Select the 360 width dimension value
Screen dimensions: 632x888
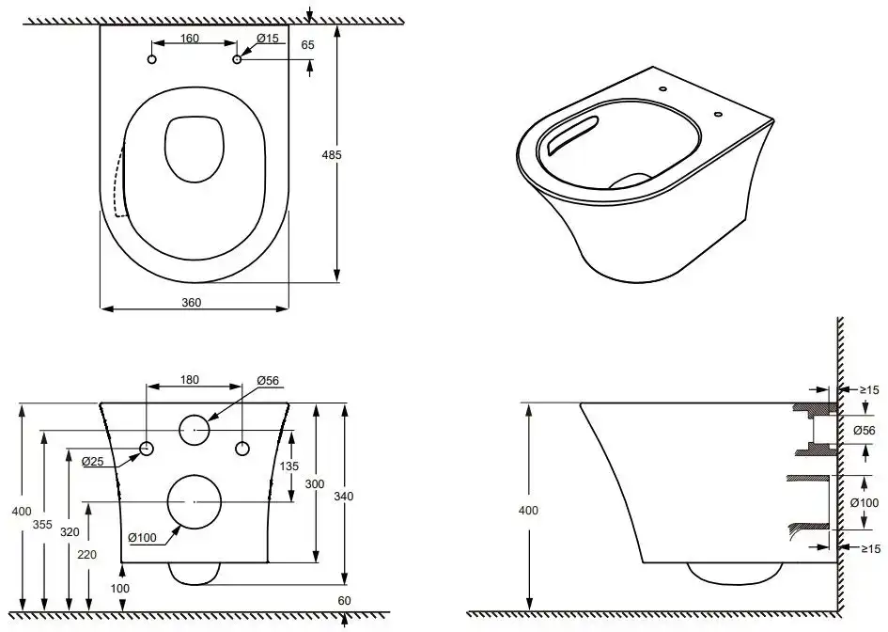tap(193, 302)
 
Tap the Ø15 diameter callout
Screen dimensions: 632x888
tap(268, 39)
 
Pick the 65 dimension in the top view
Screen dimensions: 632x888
tap(308, 43)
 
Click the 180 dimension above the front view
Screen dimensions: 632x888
tap(190, 380)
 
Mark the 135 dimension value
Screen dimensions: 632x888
tap(290, 467)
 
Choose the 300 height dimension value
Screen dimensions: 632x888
tap(316, 483)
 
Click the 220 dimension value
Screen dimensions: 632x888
tap(87, 555)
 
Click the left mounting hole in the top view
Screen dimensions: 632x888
tap(152, 60)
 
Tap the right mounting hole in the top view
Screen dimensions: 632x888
tap(237, 60)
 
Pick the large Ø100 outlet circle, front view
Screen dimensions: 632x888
tap(194, 501)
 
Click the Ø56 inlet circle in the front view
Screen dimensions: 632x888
tap(195, 430)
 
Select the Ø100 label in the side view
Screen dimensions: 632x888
tap(864, 502)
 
